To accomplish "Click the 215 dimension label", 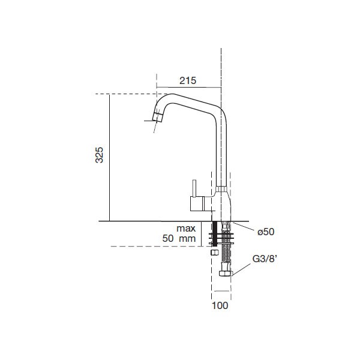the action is point(188,80).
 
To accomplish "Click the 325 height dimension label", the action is point(100,155).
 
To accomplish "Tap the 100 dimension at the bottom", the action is point(220,305).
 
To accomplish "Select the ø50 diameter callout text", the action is point(266,232).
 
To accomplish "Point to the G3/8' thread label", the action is point(265,259).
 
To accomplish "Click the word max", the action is point(186,229).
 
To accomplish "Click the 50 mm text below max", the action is point(179,238).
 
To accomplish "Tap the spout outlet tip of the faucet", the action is point(157,117).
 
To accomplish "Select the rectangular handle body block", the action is point(197,203).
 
